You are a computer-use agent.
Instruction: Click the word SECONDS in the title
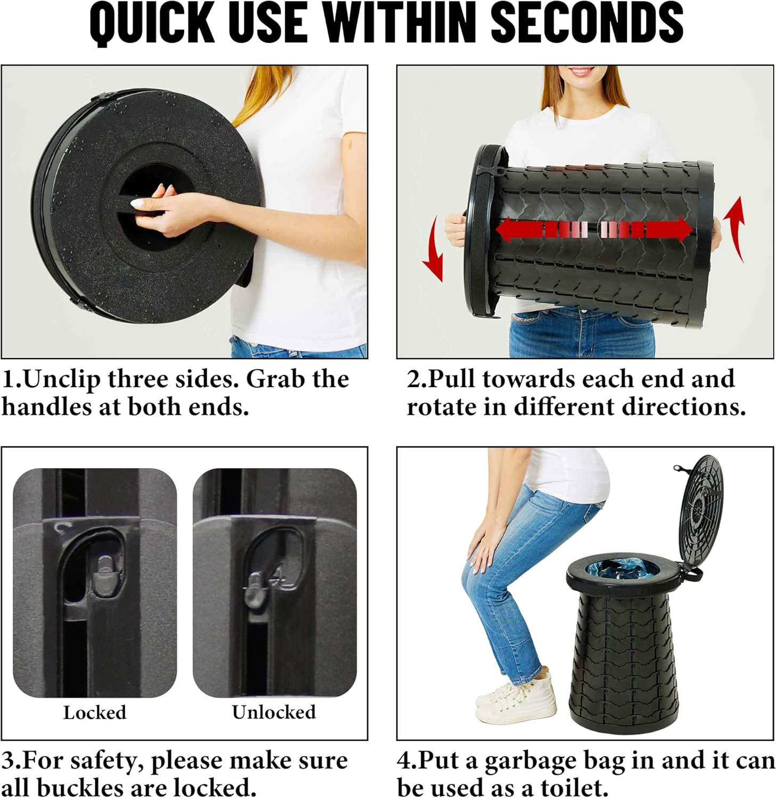[x=586, y=23]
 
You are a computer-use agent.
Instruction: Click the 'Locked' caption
[x=95, y=712]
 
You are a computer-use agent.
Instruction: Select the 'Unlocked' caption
[x=274, y=712]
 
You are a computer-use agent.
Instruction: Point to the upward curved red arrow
[x=735, y=229]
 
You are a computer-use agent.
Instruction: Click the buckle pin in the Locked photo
[x=106, y=575]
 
